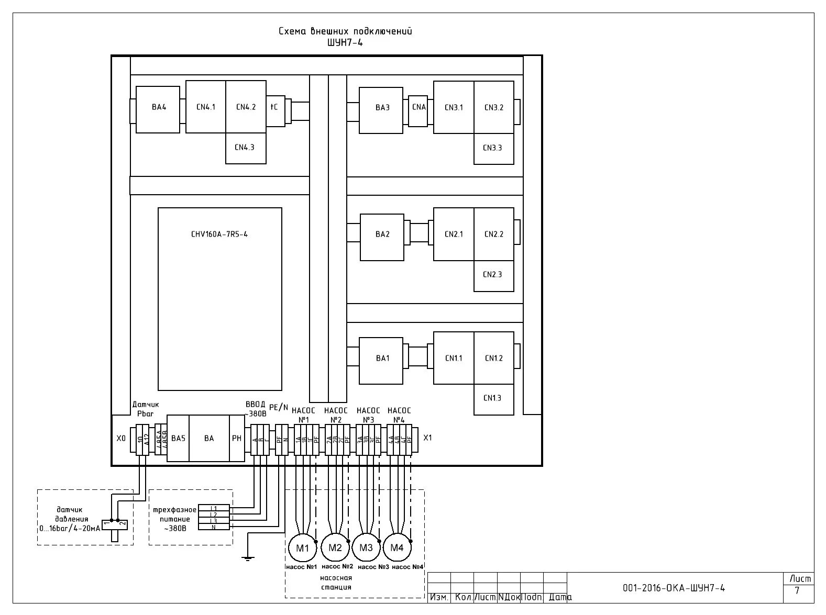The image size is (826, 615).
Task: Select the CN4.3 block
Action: point(245,148)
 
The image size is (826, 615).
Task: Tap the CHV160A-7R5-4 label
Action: point(219,234)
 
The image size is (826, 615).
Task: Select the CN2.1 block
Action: point(454,234)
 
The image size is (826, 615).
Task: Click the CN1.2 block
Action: point(493,358)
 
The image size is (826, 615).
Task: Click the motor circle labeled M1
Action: point(302,548)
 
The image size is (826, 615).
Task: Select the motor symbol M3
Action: point(366,548)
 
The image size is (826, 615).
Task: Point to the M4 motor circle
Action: point(397,548)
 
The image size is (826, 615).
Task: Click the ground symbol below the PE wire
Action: point(248,558)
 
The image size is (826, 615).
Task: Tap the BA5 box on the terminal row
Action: point(178,439)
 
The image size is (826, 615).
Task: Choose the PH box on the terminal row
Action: point(237,439)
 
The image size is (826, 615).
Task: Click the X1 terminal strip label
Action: point(427,438)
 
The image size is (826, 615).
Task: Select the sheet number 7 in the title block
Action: point(797,591)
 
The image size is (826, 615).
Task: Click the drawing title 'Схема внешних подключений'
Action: point(345,31)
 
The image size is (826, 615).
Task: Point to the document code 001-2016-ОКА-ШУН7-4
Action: point(674,588)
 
